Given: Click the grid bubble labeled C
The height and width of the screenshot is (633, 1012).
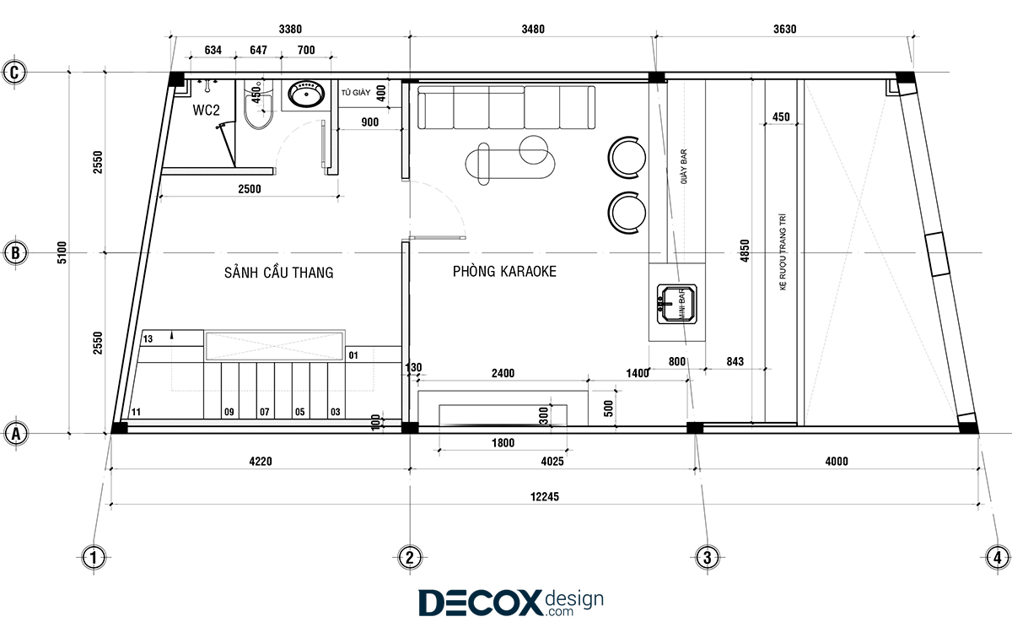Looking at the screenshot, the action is pyautogui.click(x=14, y=73).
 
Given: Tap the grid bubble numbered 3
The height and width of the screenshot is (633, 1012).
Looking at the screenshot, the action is pyautogui.click(x=707, y=558).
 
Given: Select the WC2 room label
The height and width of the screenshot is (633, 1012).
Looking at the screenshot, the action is pyautogui.click(x=206, y=110).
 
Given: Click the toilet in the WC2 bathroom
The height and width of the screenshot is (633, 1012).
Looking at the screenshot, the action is pyautogui.click(x=258, y=105).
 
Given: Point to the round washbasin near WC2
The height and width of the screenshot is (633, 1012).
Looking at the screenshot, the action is pyautogui.click(x=306, y=95).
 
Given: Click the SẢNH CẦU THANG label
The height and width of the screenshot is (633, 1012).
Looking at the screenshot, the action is pyautogui.click(x=279, y=272).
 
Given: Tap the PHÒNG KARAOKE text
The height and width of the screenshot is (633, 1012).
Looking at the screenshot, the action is pyautogui.click(x=504, y=271).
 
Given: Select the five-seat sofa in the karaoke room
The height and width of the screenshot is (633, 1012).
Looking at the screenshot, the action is pyautogui.click(x=506, y=108).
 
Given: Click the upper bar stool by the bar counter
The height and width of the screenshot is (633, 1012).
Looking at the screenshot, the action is pyautogui.click(x=627, y=157).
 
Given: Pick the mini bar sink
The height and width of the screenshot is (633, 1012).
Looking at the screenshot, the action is pyautogui.click(x=676, y=304).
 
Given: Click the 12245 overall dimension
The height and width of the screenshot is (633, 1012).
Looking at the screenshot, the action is pyautogui.click(x=545, y=497).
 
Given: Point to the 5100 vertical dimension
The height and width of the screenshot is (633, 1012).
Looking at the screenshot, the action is pyautogui.click(x=62, y=252).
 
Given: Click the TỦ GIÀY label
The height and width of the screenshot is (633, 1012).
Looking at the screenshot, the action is pyautogui.click(x=356, y=93).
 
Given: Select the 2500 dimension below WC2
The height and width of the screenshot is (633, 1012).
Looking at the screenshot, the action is pyautogui.click(x=250, y=189).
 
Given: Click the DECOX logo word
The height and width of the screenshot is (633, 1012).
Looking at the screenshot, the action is pyautogui.click(x=480, y=603).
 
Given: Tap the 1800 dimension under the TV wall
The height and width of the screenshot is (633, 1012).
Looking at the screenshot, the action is pyautogui.click(x=503, y=442).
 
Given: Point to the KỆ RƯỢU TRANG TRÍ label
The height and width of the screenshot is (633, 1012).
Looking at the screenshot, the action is pyautogui.click(x=783, y=252).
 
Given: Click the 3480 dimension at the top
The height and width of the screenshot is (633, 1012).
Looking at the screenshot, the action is pyautogui.click(x=533, y=30).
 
